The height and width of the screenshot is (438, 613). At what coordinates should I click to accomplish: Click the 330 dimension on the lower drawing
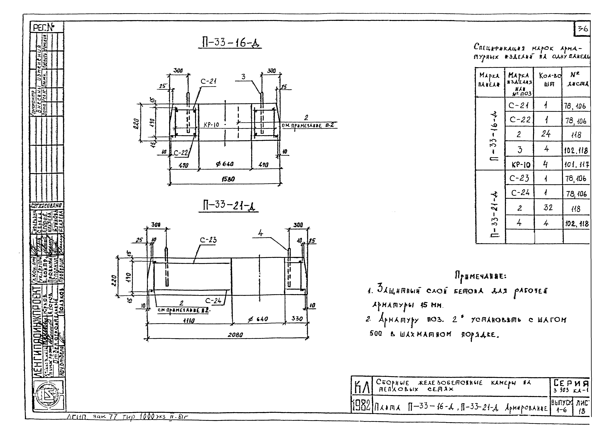point(297,319)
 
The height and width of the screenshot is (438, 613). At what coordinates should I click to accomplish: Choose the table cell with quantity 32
point(548,207)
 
